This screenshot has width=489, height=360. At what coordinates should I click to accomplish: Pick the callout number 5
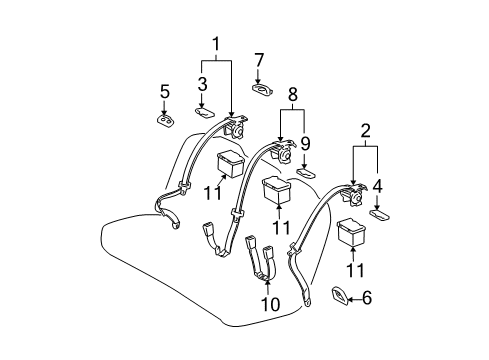point(165,91)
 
